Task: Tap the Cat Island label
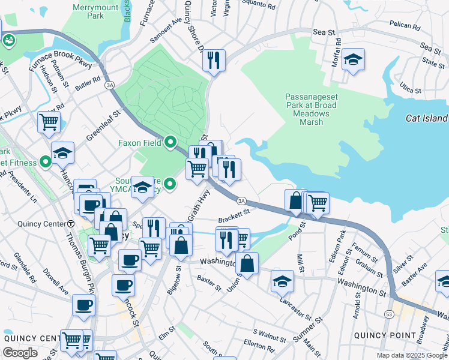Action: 427,118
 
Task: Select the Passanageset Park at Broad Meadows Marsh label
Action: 310,109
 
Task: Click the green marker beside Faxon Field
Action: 170,143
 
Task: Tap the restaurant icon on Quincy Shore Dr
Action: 214,61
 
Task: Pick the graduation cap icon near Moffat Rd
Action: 354,60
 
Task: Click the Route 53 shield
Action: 390,313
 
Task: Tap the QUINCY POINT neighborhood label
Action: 384,335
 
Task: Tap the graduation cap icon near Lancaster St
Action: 282,281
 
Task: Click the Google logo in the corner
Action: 20,353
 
